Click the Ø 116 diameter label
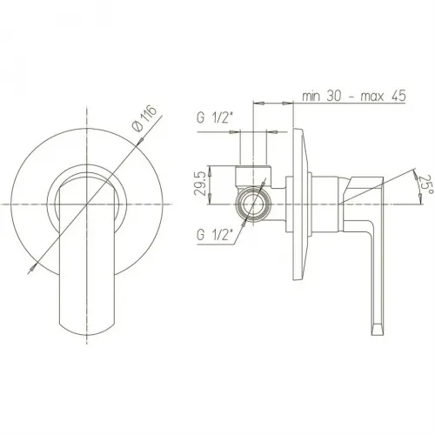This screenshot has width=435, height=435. click(x=144, y=118)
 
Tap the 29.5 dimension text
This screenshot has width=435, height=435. click(x=201, y=184)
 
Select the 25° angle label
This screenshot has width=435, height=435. click(x=427, y=185)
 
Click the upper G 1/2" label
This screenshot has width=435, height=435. click(x=215, y=118)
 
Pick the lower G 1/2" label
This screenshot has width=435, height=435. click(x=215, y=235)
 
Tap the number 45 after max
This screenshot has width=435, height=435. click(x=398, y=96)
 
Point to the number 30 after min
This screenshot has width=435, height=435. click(x=335, y=96)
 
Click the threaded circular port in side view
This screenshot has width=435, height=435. click(x=253, y=204)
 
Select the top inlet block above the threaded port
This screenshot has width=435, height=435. click(x=253, y=176)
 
